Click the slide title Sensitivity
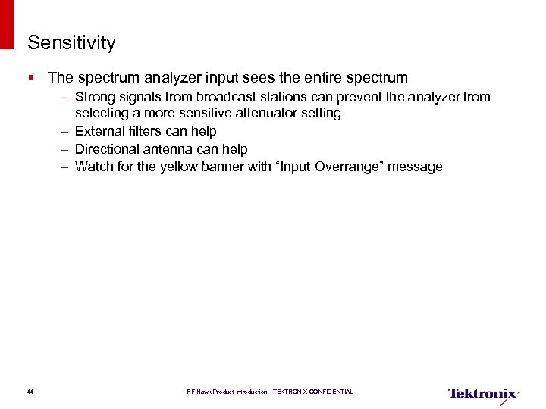coord(71,43)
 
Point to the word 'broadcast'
coord(225,97)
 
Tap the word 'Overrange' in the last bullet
coord(350,167)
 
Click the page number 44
coord(30,392)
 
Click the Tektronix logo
coord(482,393)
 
